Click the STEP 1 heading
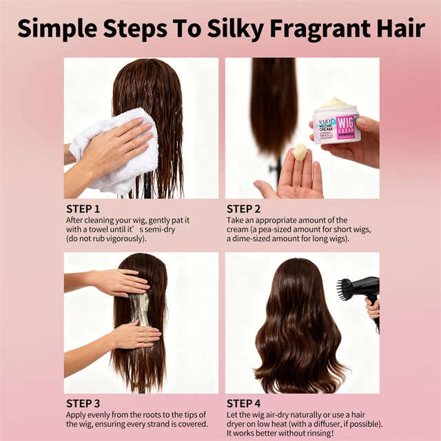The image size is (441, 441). (x=83, y=209)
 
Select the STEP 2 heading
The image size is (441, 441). (x=245, y=209)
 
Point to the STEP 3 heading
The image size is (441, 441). (x=83, y=403)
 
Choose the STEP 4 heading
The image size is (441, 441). (x=245, y=403)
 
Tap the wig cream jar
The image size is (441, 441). (x=336, y=124)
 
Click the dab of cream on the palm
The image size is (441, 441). (x=300, y=151)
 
